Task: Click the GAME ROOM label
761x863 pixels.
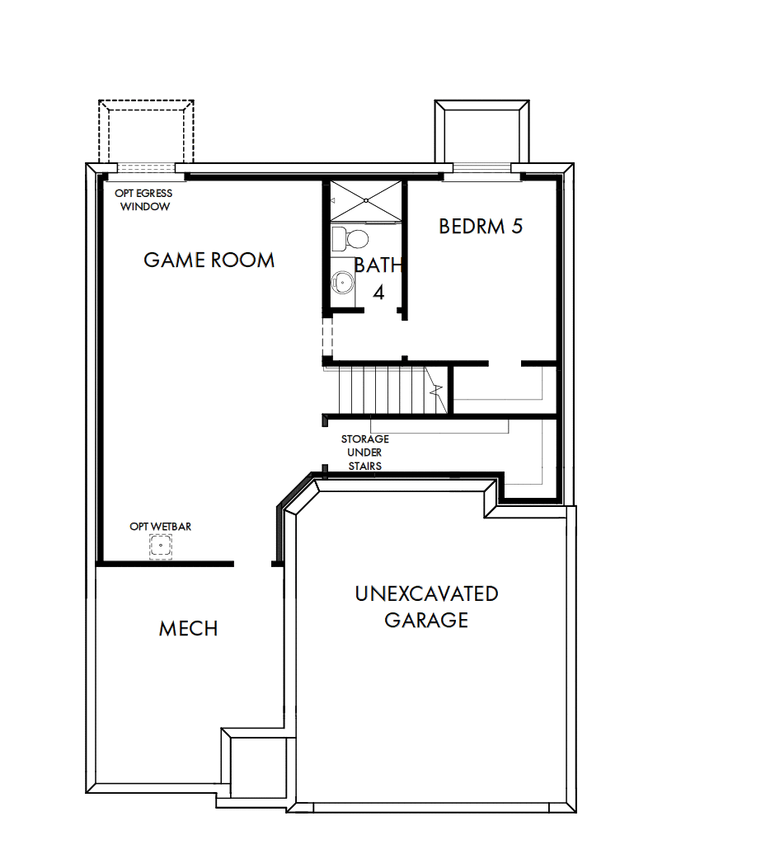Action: click(209, 260)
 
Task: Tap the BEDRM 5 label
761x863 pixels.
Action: click(481, 227)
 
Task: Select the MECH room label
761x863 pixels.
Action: click(188, 629)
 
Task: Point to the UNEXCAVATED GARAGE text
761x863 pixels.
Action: click(426, 607)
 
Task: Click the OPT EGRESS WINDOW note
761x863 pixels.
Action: click(144, 200)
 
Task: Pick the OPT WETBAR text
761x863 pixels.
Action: click(160, 526)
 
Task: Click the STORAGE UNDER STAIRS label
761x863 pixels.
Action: click(364, 453)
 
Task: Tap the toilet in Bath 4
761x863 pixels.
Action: click(350, 239)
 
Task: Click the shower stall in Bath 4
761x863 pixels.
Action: click(367, 199)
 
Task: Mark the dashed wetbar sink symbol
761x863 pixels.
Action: click(160, 546)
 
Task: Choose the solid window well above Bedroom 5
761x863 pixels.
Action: click(481, 132)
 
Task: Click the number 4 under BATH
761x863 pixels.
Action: click(378, 292)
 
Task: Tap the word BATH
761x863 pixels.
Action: click(378, 265)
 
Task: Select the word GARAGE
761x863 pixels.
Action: click(426, 620)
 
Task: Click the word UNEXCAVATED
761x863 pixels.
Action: click(426, 593)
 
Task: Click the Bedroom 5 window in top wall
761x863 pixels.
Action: click(481, 168)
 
